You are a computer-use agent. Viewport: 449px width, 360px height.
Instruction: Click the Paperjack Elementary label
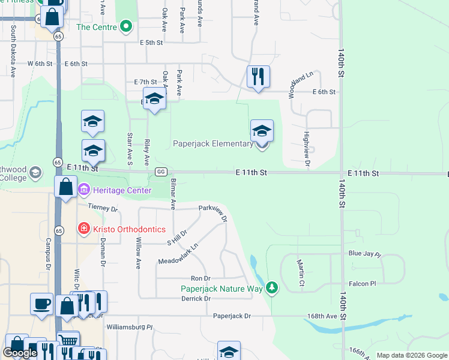click(213, 144)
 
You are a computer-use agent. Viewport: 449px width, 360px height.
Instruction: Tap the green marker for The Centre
click(125, 26)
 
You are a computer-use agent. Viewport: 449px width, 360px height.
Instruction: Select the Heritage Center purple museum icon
click(83, 190)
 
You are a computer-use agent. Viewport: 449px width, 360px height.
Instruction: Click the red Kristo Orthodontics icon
click(83, 229)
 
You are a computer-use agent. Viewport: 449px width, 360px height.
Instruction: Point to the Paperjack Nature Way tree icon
click(273, 288)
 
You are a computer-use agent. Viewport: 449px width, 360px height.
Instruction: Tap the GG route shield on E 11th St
click(160, 172)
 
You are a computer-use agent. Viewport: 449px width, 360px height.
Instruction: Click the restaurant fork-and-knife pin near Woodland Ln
click(258, 76)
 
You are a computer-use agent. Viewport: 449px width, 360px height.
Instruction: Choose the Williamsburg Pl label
click(130, 328)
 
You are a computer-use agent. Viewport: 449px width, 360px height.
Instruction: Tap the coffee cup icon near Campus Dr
click(41, 304)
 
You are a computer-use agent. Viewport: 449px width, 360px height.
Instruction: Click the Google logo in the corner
click(20, 353)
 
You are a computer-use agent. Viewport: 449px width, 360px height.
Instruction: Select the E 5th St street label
click(151, 43)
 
